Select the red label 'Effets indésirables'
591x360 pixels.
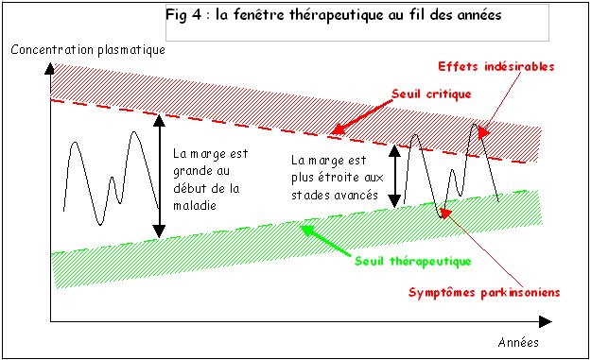pyautogui.click(x=495, y=67)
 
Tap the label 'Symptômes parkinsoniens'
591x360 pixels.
pyautogui.click(x=484, y=292)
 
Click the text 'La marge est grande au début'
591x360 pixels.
pyautogui.click(x=207, y=171)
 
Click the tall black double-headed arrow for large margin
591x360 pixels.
pyautogui.click(x=160, y=175)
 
